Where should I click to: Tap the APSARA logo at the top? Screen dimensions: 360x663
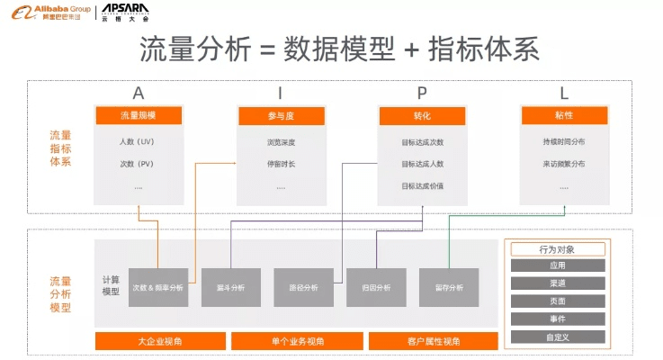click(125, 13)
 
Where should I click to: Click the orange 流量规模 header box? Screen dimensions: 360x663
click(138, 116)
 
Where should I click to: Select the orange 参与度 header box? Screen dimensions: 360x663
click(281, 116)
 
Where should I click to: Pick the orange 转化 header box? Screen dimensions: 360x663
click(422, 116)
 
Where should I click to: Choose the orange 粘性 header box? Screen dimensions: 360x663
click(564, 116)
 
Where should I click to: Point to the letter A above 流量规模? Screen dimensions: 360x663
click(138, 94)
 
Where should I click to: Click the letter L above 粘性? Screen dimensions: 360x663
click(564, 94)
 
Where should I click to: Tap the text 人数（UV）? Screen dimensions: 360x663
click(138, 142)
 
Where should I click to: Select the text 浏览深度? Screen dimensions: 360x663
click(281, 142)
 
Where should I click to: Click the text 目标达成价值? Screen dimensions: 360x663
click(422, 186)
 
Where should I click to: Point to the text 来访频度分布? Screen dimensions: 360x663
click(564, 165)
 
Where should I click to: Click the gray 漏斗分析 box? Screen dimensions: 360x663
click(231, 288)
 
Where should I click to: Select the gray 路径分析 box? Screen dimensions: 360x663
click(304, 288)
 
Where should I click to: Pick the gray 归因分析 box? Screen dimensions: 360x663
click(376, 288)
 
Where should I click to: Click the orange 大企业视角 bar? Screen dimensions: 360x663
click(160, 341)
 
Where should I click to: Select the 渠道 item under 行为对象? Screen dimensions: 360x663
click(557, 283)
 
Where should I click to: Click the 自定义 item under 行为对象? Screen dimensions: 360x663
click(557, 337)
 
